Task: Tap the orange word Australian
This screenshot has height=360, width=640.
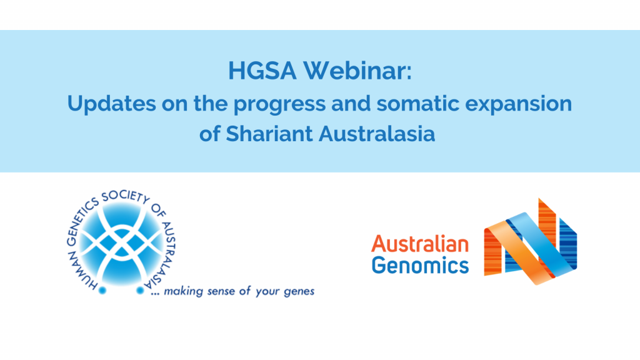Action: [x=420, y=244]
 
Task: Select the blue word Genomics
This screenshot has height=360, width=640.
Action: [x=420, y=265]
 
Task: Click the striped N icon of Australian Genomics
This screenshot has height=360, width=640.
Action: [x=530, y=241]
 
